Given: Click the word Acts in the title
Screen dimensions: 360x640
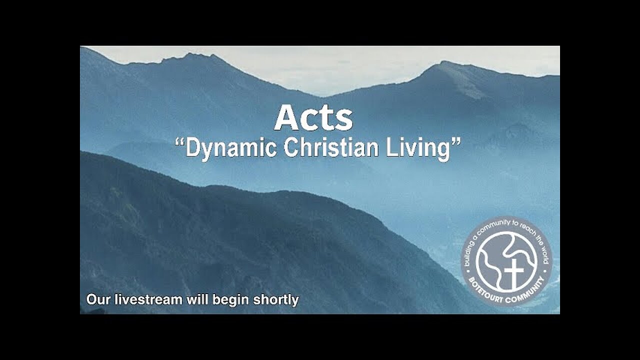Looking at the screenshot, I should click(313, 119).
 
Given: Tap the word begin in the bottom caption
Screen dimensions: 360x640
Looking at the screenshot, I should click(232, 300).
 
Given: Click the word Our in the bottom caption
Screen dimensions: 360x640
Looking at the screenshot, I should click(97, 300).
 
